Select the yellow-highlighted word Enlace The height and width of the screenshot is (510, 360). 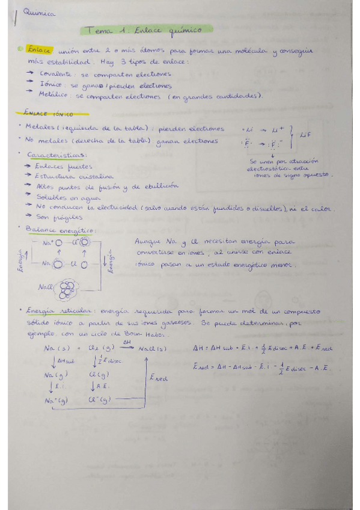(38, 51)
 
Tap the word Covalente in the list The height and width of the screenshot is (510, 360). (53, 73)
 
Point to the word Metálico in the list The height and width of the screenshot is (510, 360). (52, 95)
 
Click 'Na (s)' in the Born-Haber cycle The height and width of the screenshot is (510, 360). (56, 349)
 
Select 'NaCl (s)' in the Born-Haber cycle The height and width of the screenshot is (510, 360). (152, 349)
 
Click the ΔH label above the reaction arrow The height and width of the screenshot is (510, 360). (127, 341)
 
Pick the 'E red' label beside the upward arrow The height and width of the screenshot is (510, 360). (159, 378)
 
